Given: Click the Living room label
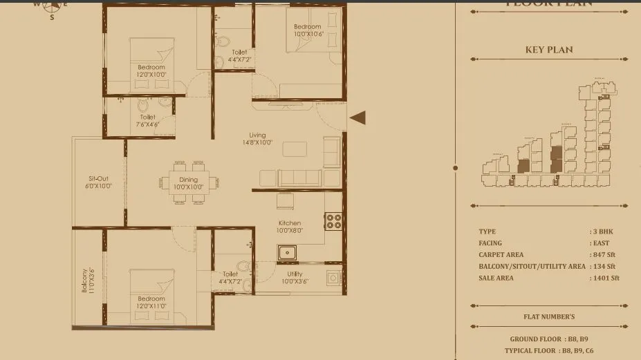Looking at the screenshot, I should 257,139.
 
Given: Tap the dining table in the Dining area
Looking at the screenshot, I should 189,183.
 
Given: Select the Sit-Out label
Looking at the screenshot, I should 98,182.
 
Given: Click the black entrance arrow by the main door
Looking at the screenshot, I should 357,118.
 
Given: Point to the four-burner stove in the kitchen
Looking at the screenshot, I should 333,220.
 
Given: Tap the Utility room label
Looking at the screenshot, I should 294,278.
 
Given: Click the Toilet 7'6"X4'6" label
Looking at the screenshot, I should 147,121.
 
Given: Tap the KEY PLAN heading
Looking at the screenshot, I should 549,50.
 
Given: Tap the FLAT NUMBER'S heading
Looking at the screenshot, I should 549,317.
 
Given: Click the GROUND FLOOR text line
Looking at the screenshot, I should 549,339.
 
